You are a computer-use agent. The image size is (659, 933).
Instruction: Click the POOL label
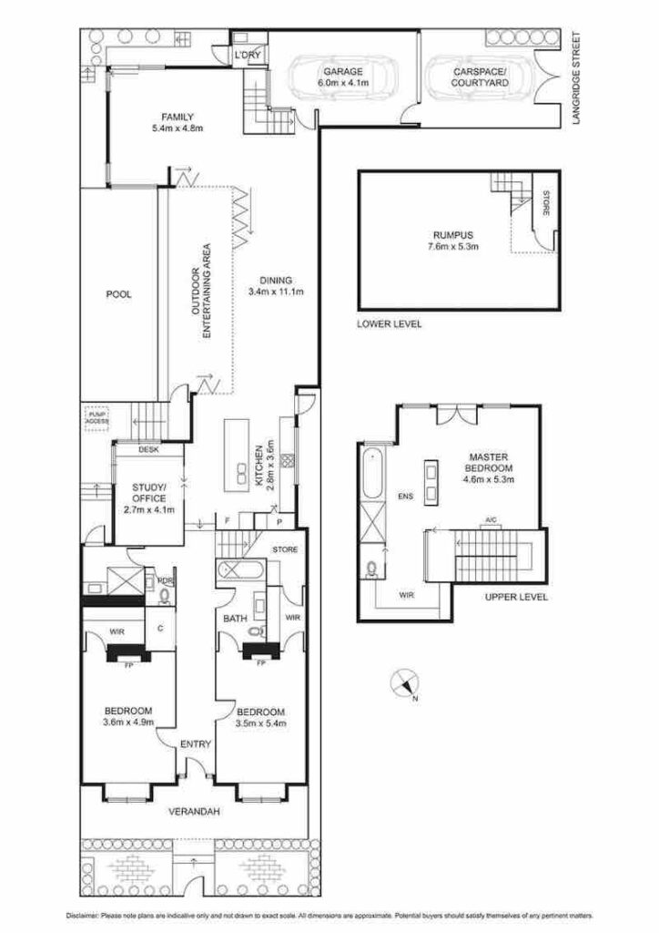coord(118,294)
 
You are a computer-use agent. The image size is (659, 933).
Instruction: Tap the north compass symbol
coord(404,683)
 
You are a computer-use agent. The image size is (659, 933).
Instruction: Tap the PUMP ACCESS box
coord(96,415)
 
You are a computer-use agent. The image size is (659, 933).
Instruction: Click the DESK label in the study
coord(148,449)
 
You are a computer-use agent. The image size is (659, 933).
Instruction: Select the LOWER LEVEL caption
coord(390,324)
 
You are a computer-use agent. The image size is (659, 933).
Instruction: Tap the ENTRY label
coord(196,744)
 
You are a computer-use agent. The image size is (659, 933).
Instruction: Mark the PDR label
coord(166,579)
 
